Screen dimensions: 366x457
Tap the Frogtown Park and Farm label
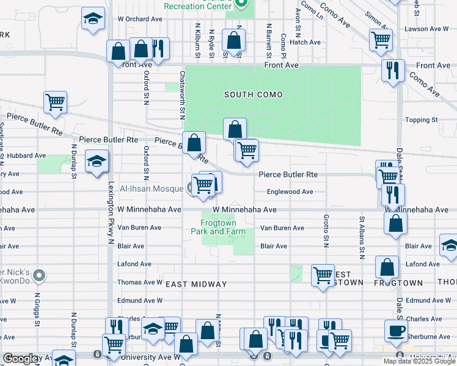pyautogui.click(x=218, y=227)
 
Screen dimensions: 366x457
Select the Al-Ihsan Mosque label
pyautogui.click(x=151, y=188)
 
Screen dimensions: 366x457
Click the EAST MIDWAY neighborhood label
pyautogui.click(x=197, y=284)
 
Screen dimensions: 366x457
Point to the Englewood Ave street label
pyautogui.click(x=290, y=192)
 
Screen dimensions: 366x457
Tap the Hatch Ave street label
pyautogui.click(x=305, y=42)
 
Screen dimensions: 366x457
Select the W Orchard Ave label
pyautogui.click(x=140, y=19)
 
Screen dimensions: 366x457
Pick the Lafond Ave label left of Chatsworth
pyautogui.click(x=134, y=264)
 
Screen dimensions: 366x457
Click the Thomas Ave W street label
pyautogui.click(x=140, y=282)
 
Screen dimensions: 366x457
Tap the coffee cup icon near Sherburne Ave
pyautogui.click(x=395, y=330)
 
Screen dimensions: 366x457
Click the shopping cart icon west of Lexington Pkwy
pyautogui.click(x=55, y=102)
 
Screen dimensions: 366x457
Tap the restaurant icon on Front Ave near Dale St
pyautogui.click(x=392, y=70)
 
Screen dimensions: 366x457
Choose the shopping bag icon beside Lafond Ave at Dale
pyautogui.click(x=387, y=267)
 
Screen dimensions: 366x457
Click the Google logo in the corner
pyautogui.click(x=22, y=359)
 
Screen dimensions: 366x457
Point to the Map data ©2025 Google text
pyautogui.click(x=419, y=361)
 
